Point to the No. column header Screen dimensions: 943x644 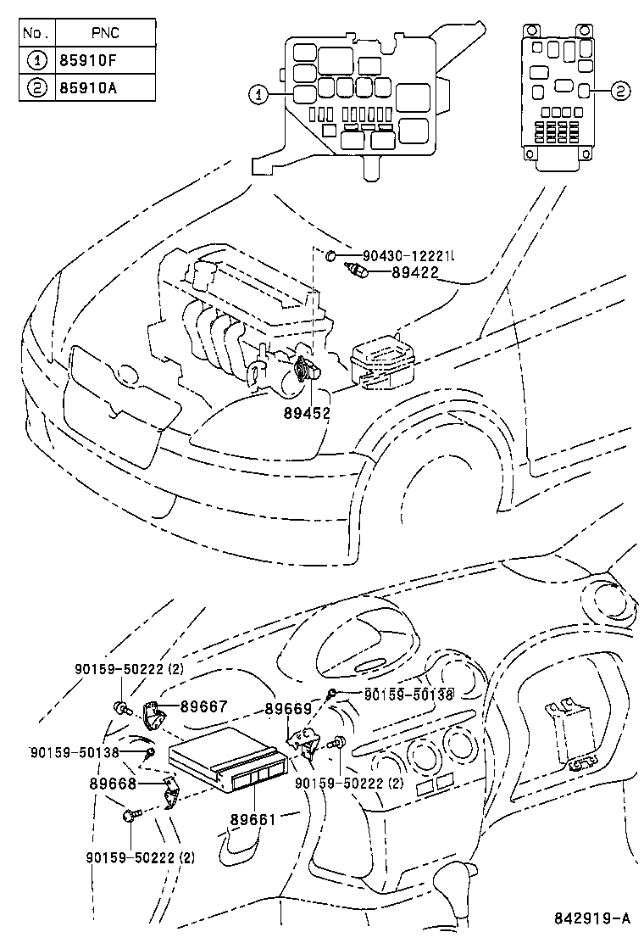point(36,34)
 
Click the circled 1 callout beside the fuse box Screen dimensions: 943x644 point(258,95)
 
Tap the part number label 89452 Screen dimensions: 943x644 point(306,413)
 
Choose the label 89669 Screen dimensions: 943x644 point(288,708)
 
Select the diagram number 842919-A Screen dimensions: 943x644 point(593,918)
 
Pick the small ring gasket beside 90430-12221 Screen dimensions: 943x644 point(333,254)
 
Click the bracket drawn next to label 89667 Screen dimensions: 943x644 point(153,714)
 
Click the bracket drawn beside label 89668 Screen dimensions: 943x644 point(169,795)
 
